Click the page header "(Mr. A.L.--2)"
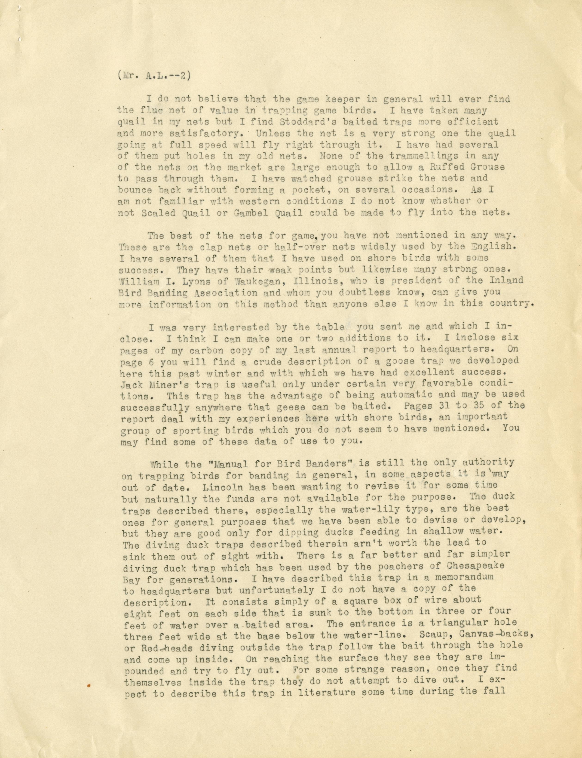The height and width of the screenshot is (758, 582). [x=154, y=76]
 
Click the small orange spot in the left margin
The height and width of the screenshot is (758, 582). [x=89, y=675]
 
